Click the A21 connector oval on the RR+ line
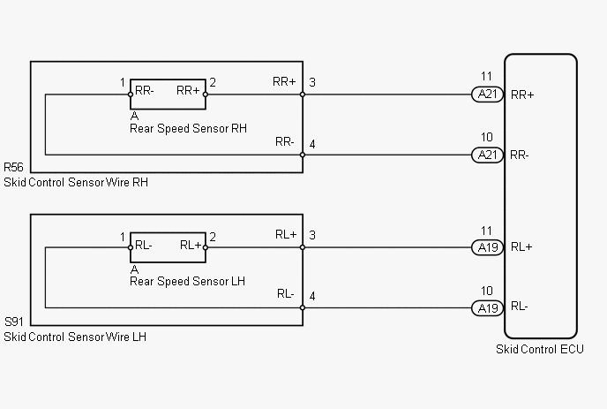tap(487, 95)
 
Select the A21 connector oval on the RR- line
tap(487, 155)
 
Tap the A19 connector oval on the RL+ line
tap(487, 247)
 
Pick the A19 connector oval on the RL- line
tap(487, 308)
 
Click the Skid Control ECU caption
tap(540, 349)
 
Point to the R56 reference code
tap(13, 167)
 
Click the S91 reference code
tap(14, 322)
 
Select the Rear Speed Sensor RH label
tap(188, 128)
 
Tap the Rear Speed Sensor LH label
tap(187, 281)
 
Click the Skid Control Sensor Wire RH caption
tap(76, 182)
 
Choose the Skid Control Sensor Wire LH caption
tap(75, 337)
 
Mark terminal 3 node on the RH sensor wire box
tap(303, 95)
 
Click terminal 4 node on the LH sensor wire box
tap(303, 307)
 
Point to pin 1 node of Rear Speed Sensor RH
tap(131, 95)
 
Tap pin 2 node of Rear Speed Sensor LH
tap(206, 247)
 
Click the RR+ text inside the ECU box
tap(522, 95)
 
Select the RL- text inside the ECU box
tap(519, 307)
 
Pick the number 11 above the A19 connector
tap(486, 231)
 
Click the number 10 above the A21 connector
tap(487, 137)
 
